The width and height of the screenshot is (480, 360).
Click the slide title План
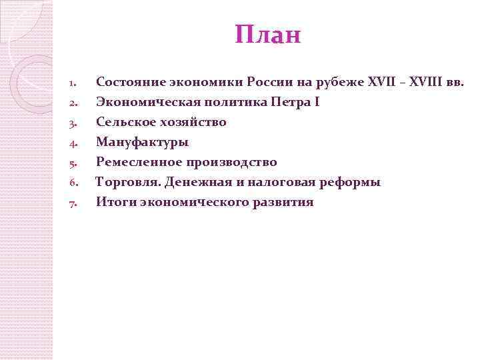coord(268,35)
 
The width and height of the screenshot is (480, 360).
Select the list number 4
coord(74,143)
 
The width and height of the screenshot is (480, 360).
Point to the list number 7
coord(74,203)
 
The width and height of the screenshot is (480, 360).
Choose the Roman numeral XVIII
coord(427,82)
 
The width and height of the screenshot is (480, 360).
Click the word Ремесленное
coord(139,162)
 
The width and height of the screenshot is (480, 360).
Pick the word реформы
coord(353,182)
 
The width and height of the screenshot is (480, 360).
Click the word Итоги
coord(115,202)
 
